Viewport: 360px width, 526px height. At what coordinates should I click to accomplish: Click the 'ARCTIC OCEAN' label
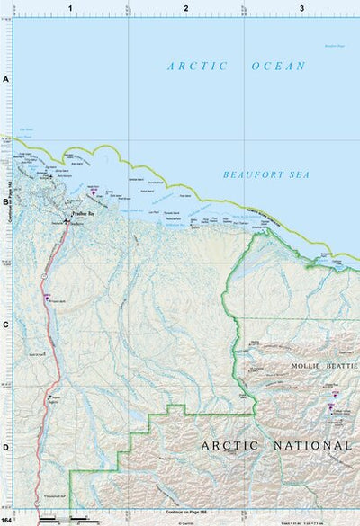click(237, 66)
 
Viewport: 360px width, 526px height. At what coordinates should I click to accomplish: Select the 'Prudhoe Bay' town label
click(82, 213)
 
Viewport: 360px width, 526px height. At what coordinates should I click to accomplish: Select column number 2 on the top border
click(186, 8)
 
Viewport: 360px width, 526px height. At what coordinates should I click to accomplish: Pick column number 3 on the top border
click(302, 8)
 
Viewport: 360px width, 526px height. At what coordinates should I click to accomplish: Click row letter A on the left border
click(5, 80)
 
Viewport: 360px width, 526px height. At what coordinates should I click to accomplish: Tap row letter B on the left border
click(5, 202)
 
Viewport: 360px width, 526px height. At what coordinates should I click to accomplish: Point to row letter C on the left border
click(5, 325)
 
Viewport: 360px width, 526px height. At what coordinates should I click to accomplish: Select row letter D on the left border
click(5, 447)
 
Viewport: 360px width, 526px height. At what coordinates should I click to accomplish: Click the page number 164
click(7, 521)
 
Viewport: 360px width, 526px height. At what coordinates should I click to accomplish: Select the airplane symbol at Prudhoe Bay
click(66, 220)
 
